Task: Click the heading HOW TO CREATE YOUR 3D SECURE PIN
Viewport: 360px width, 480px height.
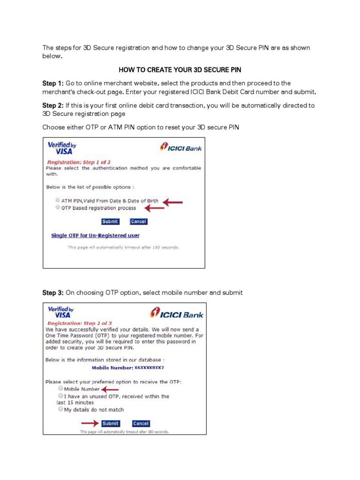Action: pyautogui.click(x=180, y=70)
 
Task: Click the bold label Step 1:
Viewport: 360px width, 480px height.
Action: pyautogui.click(x=53, y=83)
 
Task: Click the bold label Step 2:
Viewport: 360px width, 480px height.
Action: pyautogui.click(x=53, y=105)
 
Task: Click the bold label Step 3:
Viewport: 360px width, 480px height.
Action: pyautogui.click(x=53, y=292)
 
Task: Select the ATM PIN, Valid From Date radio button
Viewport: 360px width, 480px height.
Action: pyautogui.click(x=58, y=201)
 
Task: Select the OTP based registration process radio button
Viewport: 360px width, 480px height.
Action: pyautogui.click(x=58, y=207)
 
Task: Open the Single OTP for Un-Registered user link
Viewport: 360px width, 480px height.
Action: pyautogui.click(x=95, y=235)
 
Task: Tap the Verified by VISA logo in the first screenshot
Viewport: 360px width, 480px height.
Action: pyautogui.click(x=61, y=148)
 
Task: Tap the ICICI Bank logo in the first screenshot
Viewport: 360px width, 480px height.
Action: pyautogui.click(x=181, y=148)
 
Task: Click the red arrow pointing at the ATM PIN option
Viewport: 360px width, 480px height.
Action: pyautogui.click(x=172, y=202)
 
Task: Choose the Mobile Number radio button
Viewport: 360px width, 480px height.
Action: pyautogui.click(x=60, y=389)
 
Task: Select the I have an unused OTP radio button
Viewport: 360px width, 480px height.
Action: pyautogui.click(x=60, y=396)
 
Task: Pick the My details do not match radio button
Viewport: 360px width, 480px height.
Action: pyautogui.click(x=60, y=409)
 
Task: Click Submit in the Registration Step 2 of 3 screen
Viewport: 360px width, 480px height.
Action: pyautogui.click(x=111, y=423)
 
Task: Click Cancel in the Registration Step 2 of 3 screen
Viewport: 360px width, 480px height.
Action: pyautogui.click(x=141, y=423)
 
